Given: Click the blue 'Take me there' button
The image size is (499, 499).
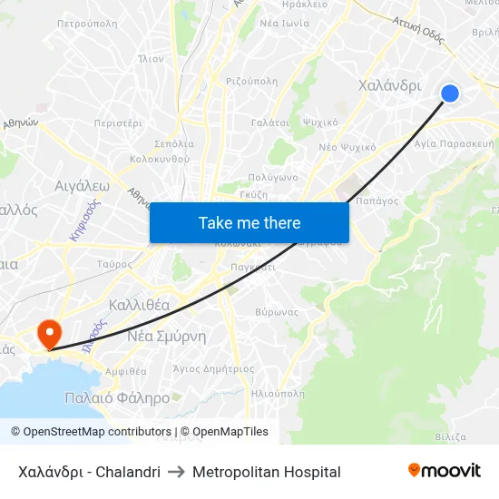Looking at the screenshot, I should [249, 222].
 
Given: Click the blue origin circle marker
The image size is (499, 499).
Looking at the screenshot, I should [449, 93].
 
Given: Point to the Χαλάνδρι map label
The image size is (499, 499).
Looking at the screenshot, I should [390, 85].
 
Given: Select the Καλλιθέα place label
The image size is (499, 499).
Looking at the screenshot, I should [139, 305].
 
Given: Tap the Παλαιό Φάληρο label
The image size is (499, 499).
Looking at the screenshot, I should [117, 397].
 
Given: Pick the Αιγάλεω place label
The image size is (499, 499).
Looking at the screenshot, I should [82, 185].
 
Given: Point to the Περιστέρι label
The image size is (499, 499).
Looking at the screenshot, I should [118, 122].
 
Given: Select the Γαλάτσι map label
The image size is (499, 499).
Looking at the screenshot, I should [269, 122].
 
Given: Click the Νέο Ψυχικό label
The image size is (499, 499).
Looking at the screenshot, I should [347, 146].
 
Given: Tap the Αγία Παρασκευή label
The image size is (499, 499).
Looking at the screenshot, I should [454, 143].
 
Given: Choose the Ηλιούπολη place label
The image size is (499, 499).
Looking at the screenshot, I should [277, 394].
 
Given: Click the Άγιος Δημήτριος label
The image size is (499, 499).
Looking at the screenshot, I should [213, 369].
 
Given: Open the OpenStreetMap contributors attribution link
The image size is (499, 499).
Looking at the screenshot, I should [91, 432].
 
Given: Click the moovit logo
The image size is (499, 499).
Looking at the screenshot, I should [445, 471].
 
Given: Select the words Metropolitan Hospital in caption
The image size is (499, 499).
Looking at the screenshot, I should [267, 472].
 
